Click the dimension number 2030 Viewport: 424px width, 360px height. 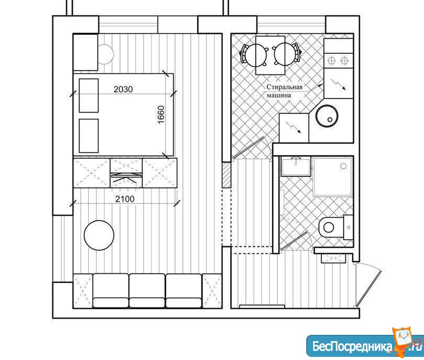(123, 89)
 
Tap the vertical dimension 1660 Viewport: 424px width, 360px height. (161, 115)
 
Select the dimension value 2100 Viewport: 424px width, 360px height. (125, 199)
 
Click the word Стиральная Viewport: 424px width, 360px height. (284, 87)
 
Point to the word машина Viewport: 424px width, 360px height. (279, 95)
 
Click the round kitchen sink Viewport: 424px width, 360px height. (327, 116)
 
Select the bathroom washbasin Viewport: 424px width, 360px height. (296, 166)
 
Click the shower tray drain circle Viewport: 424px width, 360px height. (343, 166)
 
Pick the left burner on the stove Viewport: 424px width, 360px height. (331, 61)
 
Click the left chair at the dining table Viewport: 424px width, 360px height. (254, 55)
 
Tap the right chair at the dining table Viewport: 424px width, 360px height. (287, 54)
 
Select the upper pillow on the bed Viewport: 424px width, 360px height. (88, 95)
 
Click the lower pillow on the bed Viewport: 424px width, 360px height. (88, 136)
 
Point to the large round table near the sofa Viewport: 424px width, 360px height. (99, 235)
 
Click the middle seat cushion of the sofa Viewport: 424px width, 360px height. (147, 290)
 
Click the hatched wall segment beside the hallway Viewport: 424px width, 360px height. (226, 175)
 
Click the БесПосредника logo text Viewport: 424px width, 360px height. (352, 346)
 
